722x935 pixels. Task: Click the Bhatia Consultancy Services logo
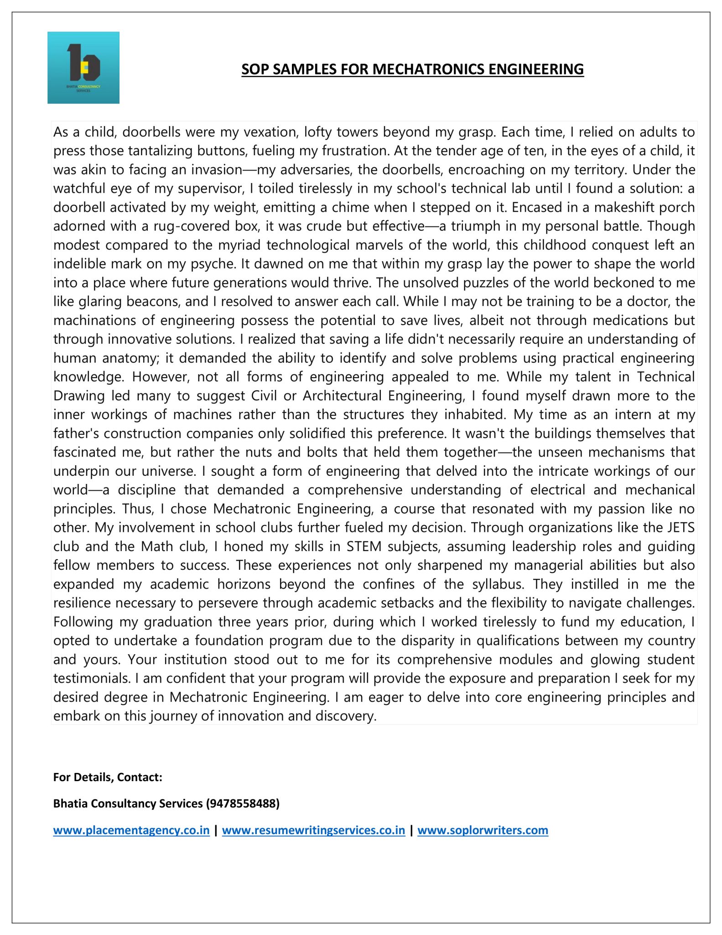pos(83,68)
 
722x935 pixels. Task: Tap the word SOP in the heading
pos(255,69)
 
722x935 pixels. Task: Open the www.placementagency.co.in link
pos(131,830)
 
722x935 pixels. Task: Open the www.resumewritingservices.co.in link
pos(313,830)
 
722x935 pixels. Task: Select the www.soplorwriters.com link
pos(483,830)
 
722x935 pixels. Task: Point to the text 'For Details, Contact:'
pos(108,777)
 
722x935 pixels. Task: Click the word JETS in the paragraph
pos(680,527)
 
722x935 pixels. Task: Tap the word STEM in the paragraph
pos(364,546)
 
